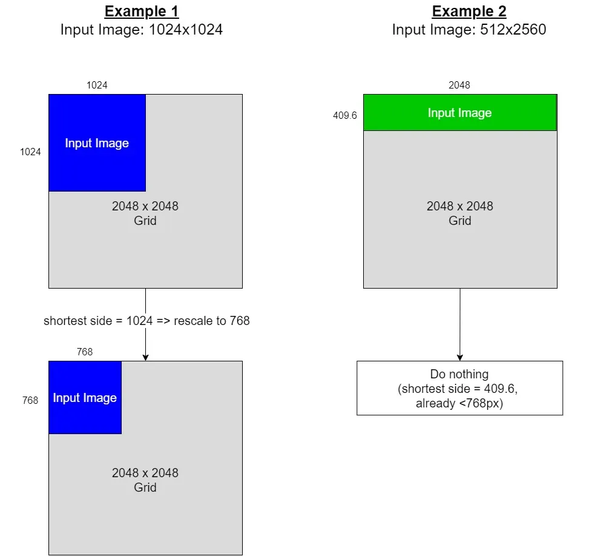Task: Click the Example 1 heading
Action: coord(142,11)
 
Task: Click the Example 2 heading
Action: coord(469,11)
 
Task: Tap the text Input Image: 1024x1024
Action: coord(142,29)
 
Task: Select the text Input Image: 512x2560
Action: coord(469,29)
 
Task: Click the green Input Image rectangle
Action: coord(459,113)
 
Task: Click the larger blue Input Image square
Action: coord(97,143)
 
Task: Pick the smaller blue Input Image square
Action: coord(85,398)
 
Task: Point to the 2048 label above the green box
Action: coord(459,85)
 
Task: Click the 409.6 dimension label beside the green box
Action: coord(345,115)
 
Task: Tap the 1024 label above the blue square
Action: coord(97,85)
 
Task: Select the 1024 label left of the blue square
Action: coord(30,152)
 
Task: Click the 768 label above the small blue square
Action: coord(85,352)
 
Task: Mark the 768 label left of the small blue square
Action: coord(30,400)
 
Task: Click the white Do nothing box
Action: coord(459,388)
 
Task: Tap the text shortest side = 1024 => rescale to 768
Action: coord(146,321)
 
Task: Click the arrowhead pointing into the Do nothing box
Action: coord(459,358)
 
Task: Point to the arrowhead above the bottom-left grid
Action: coord(145,358)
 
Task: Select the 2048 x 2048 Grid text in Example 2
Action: coord(459,213)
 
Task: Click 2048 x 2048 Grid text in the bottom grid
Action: coord(145,480)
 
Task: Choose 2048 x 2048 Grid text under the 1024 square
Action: coord(145,213)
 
